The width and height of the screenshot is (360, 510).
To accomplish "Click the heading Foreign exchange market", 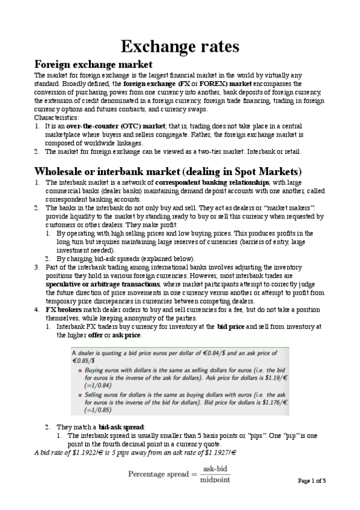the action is coord(93,64).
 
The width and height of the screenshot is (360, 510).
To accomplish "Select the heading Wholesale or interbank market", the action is coord(168,170).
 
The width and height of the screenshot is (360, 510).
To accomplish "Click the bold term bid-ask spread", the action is coord(121,426).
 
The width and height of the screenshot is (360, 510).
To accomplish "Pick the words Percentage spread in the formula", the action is coord(158,475).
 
